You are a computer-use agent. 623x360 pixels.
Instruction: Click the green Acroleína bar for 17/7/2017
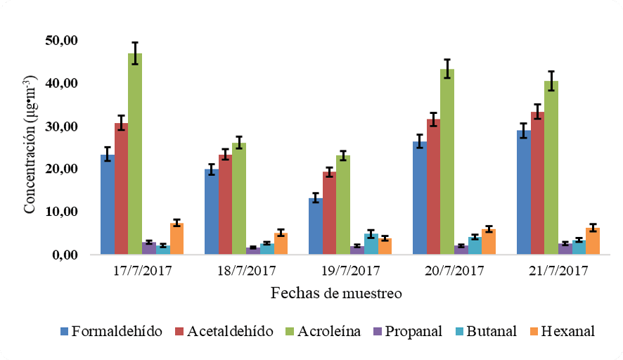click(134, 155)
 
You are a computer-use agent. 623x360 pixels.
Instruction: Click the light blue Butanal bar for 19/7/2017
click(371, 244)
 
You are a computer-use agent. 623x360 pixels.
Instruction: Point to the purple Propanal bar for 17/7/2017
click(149, 248)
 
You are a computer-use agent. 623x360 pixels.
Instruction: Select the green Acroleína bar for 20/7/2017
click(447, 162)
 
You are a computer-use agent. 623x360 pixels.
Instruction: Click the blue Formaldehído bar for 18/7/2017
click(211, 212)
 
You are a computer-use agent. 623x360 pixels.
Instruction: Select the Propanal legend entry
click(411, 331)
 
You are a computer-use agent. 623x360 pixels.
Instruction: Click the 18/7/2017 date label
click(245, 271)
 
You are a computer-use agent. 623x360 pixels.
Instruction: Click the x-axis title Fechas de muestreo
click(336, 293)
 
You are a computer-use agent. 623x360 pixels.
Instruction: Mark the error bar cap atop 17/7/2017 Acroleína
click(134, 42)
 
